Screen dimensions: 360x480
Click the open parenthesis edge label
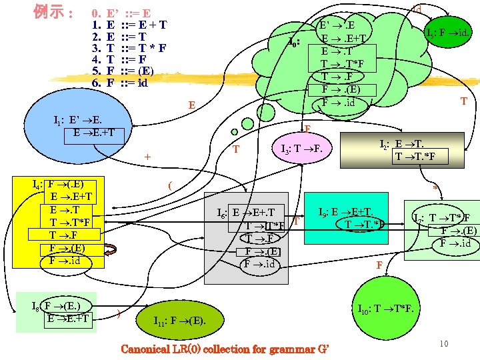click(x=171, y=185)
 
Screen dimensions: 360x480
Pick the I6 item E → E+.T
click(x=256, y=212)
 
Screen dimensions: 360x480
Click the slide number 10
click(x=444, y=343)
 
